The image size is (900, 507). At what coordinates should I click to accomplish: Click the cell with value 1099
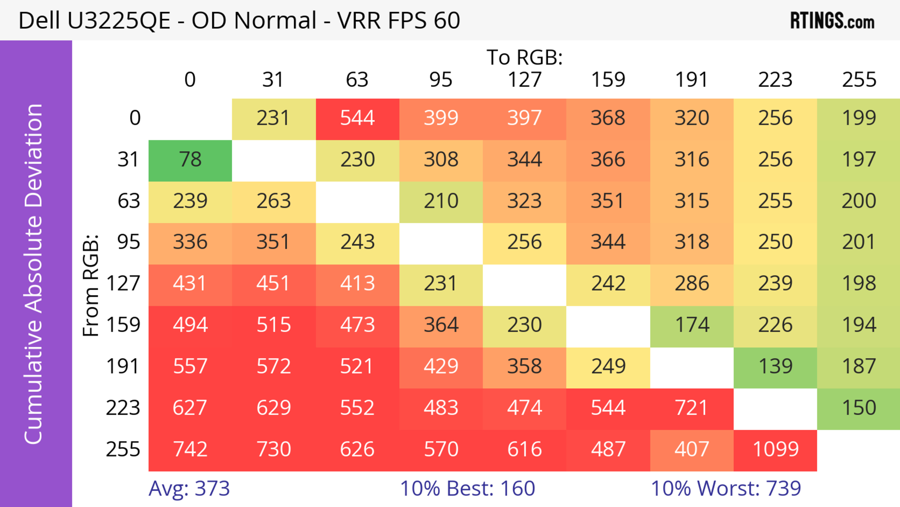coord(775,449)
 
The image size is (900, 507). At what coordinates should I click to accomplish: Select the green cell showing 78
coord(190,160)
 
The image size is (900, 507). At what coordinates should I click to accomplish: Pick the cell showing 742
coord(190,449)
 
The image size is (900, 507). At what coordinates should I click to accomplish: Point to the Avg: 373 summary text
coord(189,488)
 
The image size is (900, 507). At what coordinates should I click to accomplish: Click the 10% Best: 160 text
coord(468,488)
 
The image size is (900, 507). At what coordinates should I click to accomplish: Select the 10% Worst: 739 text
coord(726,488)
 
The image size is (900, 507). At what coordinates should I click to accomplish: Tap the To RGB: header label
coord(525,57)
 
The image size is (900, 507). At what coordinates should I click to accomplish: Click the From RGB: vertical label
coord(90,285)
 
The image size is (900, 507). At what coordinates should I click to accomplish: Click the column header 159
coord(608,80)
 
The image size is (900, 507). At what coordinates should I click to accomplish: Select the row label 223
coord(123,408)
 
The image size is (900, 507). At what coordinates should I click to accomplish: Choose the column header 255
coord(859,80)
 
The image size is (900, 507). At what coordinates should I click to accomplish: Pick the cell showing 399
coord(441,118)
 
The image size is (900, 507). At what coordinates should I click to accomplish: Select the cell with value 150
coord(859,408)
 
